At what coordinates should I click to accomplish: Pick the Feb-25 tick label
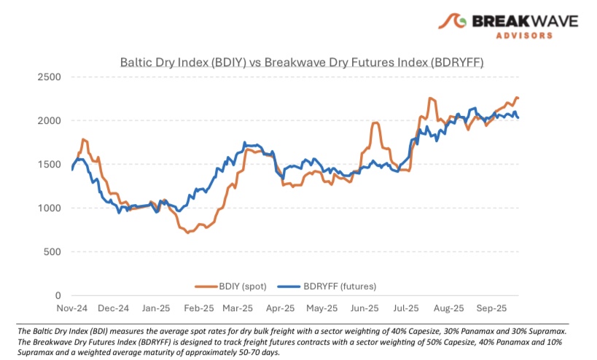(x=199, y=308)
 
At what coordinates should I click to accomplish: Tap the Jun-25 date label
(x=364, y=308)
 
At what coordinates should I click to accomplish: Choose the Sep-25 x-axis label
(x=491, y=308)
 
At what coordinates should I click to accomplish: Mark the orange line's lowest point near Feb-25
(x=188, y=232)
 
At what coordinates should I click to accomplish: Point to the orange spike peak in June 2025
(x=375, y=122)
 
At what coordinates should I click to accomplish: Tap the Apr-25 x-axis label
(x=282, y=308)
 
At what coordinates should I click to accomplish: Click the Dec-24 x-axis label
(x=114, y=308)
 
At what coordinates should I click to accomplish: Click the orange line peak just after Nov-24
(x=84, y=138)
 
